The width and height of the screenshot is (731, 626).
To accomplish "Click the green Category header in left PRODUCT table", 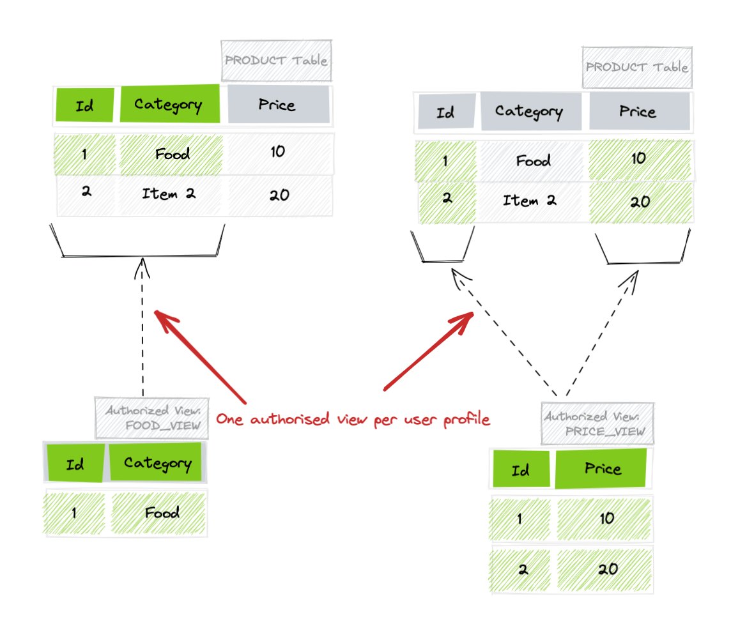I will pos(169,104).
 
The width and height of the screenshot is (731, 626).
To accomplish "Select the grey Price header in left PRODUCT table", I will pos(278,104).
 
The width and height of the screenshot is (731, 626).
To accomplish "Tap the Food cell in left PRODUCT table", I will pos(171,154).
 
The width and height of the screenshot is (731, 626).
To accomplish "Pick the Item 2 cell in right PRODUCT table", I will pos(530,201).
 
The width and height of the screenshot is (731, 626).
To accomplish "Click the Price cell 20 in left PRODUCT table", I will pos(279,195).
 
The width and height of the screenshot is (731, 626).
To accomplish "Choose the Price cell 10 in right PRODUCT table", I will pos(638,159).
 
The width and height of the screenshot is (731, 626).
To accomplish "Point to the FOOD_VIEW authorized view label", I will pos(152,418).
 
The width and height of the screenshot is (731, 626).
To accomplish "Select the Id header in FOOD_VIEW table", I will pos(75,462).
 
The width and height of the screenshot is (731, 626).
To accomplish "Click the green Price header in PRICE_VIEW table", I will pos(601,469).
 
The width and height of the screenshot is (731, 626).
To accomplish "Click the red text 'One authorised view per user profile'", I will pos(353,420).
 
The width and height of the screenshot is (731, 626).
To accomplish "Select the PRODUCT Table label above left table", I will pos(276,61).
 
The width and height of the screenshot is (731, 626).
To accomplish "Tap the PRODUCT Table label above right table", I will pos(636,67).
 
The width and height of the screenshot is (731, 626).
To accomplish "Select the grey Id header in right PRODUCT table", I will pos(446,112).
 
